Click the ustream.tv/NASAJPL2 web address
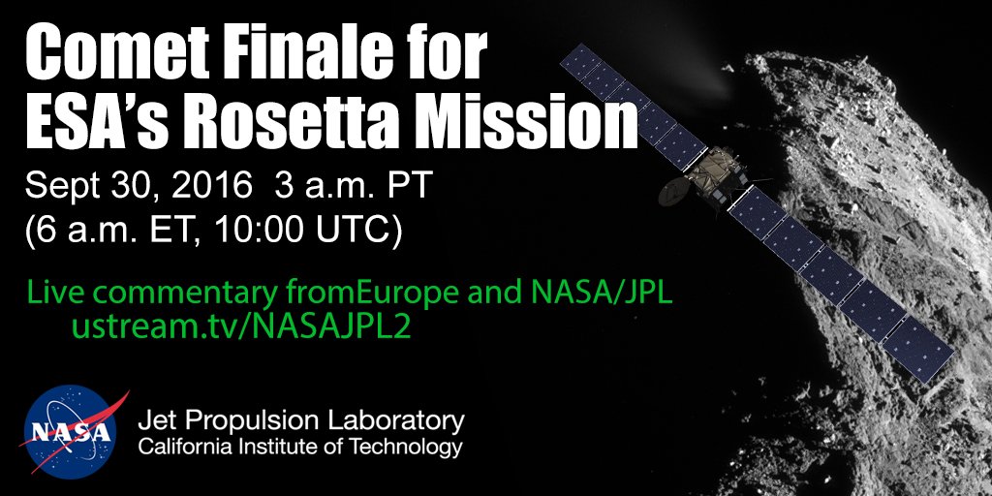pyautogui.click(x=241, y=326)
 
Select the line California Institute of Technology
pyautogui.click(x=300, y=449)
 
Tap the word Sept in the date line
pyautogui.click(x=64, y=185)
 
